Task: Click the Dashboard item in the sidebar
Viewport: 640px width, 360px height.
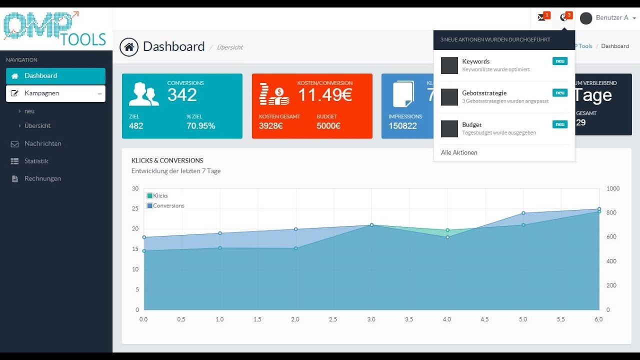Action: pyautogui.click(x=41, y=76)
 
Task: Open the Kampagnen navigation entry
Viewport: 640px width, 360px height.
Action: pyautogui.click(x=42, y=93)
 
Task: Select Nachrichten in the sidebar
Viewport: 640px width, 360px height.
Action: pyautogui.click(x=43, y=143)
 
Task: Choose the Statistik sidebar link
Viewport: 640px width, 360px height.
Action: pyautogui.click(x=36, y=161)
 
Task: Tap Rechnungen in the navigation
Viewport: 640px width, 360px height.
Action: pyautogui.click(x=42, y=178)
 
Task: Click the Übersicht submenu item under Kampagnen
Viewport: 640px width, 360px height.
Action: pyautogui.click(x=37, y=126)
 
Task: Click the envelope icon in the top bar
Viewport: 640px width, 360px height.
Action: pyautogui.click(x=541, y=17)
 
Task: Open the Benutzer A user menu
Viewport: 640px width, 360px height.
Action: pyautogui.click(x=608, y=18)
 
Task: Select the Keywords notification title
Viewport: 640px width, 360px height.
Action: pyautogui.click(x=476, y=61)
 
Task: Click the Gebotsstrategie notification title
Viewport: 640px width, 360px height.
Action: pyautogui.click(x=484, y=93)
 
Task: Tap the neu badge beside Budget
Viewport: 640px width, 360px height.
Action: pyautogui.click(x=560, y=124)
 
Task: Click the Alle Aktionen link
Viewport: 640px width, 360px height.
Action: pyautogui.click(x=459, y=152)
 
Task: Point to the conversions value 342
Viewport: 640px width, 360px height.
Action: pyautogui.click(x=182, y=95)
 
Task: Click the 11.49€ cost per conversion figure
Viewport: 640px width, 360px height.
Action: pyautogui.click(x=325, y=95)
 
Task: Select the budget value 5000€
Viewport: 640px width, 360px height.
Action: pyautogui.click(x=328, y=126)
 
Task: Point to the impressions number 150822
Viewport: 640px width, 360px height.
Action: pyautogui.click(x=402, y=126)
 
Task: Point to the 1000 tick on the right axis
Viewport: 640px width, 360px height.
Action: pyautogui.click(x=613, y=188)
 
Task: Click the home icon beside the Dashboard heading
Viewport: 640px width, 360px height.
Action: pyautogui.click(x=129, y=47)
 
